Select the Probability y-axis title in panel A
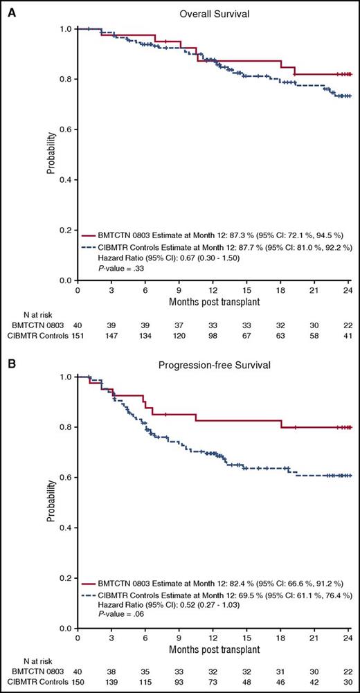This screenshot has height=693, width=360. point(54,154)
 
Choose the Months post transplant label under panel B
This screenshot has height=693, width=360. point(214,651)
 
